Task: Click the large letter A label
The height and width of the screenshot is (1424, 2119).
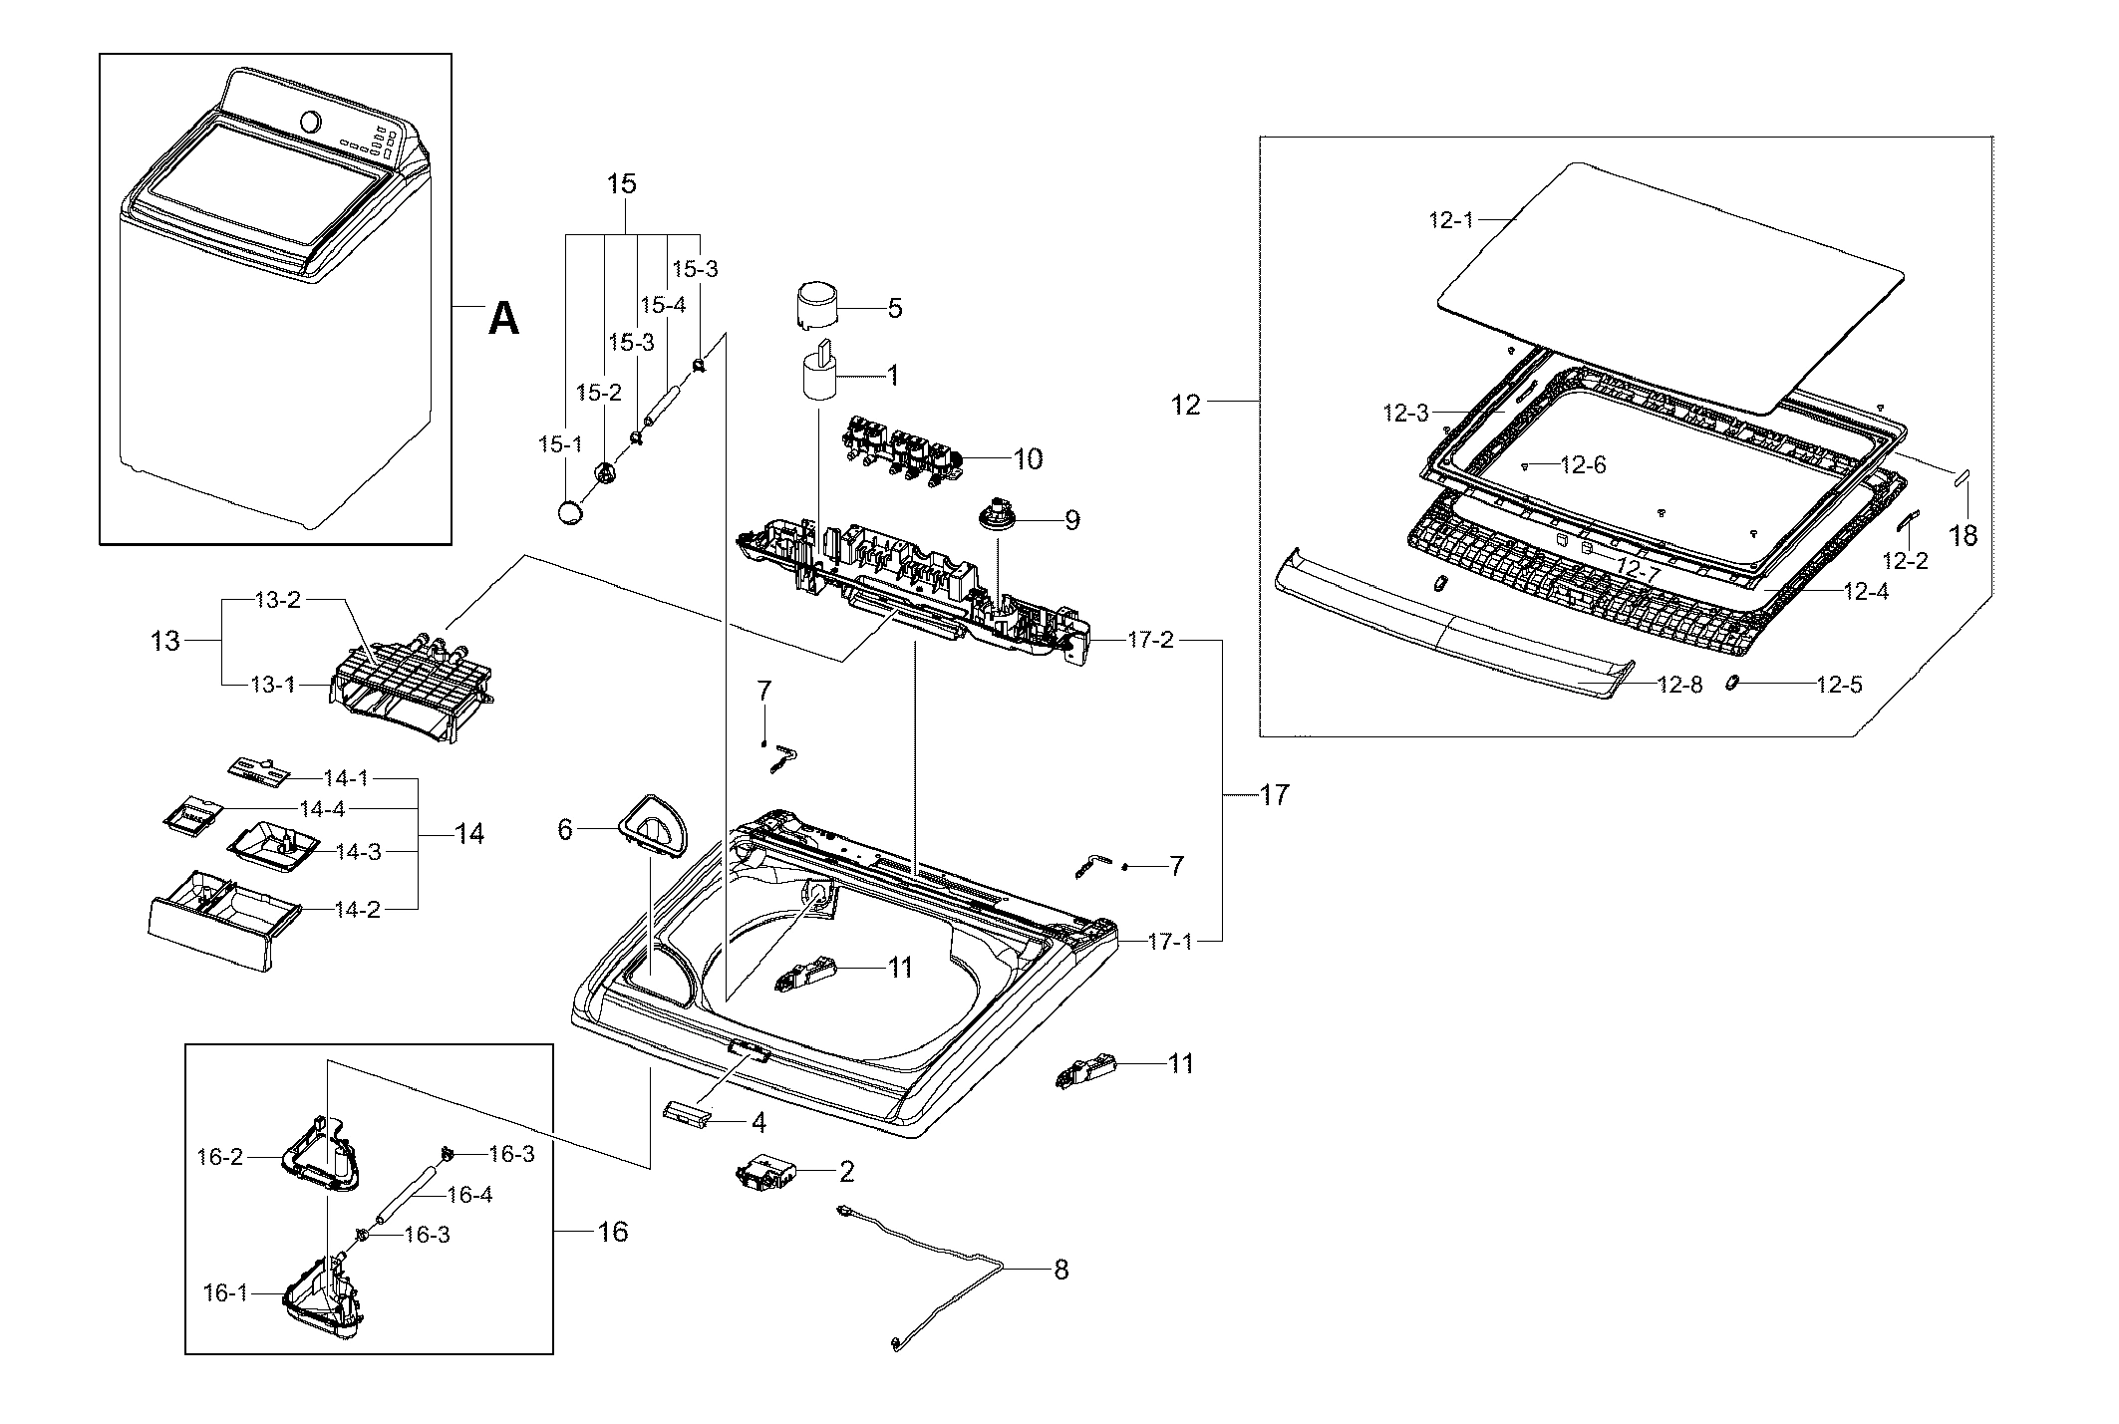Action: tap(504, 319)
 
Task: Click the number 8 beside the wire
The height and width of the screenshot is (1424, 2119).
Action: tap(1060, 1270)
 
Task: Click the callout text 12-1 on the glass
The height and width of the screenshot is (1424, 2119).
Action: tap(1450, 220)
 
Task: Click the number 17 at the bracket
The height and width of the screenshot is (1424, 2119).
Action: tap(1274, 795)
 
